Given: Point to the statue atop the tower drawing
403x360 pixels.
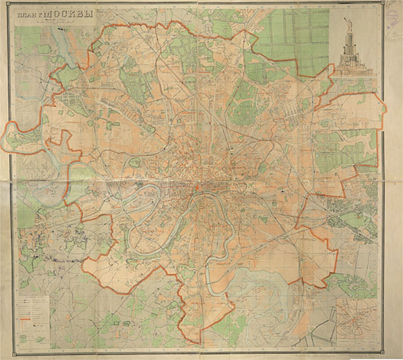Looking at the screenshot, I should click(348, 16).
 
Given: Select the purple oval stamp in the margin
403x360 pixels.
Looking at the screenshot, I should click(390, 10).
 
